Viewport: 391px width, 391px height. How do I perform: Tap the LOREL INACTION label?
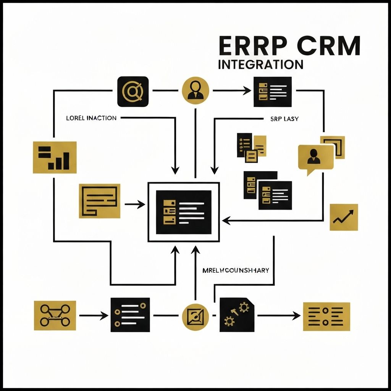click(91, 118)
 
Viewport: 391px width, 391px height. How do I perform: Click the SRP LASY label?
click(281, 119)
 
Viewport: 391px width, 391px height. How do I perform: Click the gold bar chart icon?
click(55, 157)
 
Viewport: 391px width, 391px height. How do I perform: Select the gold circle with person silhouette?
click(196, 90)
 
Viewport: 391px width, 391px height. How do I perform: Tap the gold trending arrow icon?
click(344, 217)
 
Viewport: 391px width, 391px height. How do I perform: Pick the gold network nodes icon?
click(55, 315)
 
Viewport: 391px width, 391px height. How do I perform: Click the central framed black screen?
click(184, 212)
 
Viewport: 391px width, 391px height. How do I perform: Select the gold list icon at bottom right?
click(326, 317)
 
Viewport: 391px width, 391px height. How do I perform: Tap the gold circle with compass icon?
click(196, 316)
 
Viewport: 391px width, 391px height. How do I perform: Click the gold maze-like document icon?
click(99, 201)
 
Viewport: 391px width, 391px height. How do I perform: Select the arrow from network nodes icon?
click(93, 316)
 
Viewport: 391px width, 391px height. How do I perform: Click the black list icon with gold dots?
click(130, 315)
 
